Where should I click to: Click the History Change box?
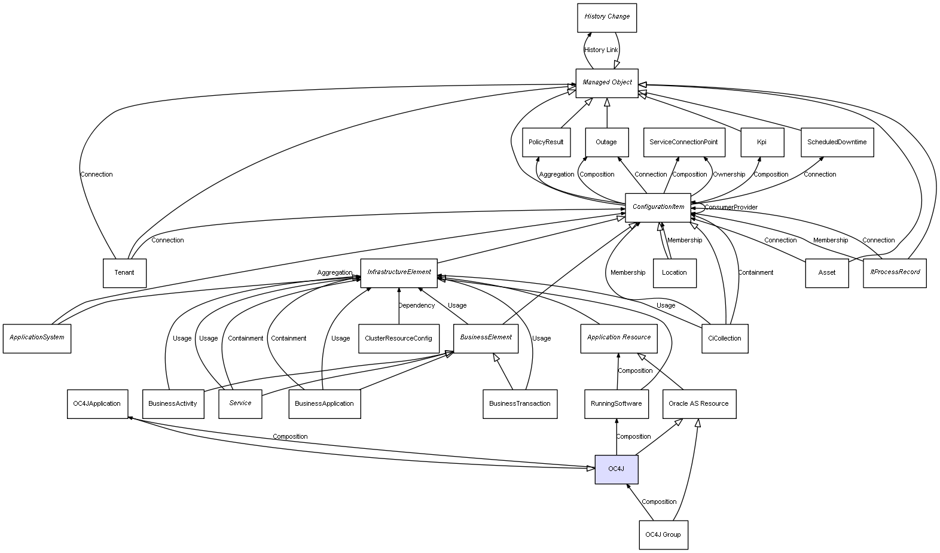click(606, 17)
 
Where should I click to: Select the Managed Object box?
click(607, 83)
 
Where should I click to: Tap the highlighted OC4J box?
click(616, 469)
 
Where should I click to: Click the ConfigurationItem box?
click(658, 207)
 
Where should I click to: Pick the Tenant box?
click(124, 273)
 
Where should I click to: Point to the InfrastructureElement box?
click(399, 272)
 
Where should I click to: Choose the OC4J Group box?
click(663, 534)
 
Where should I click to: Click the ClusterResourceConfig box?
click(398, 338)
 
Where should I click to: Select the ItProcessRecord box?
click(895, 273)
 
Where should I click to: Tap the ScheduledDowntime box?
click(837, 142)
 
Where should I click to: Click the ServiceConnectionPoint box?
click(683, 142)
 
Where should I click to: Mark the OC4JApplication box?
click(97, 404)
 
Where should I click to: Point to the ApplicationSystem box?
click(36, 338)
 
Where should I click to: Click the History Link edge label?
click(601, 50)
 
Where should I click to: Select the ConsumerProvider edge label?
click(731, 208)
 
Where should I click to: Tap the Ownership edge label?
click(729, 175)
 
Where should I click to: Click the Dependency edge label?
click(417, 306)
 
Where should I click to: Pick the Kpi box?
click(762, 142)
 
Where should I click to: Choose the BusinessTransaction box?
click(520, 404)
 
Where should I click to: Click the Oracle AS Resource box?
click(698, 404)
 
